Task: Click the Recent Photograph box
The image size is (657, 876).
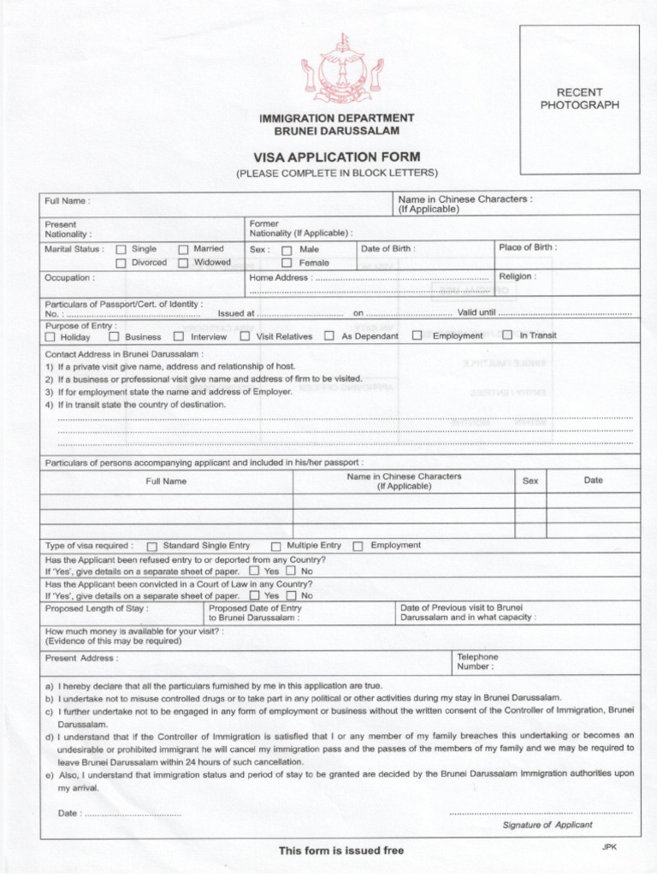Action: click(x=579, y=98)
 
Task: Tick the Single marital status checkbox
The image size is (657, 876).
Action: click(x=121, y=250)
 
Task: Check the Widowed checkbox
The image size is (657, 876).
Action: click(x=183, y=263)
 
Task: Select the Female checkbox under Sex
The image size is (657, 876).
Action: click(x=287, y=263)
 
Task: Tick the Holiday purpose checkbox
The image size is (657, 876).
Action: click(x=50, y=337)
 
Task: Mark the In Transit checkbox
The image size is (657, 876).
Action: click(x=507, y=335)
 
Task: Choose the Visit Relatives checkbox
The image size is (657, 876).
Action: click(x=245, y=336)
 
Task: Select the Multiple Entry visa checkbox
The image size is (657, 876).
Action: click(x=275, y=546)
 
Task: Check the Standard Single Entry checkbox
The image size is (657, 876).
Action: click(x=152, y=546)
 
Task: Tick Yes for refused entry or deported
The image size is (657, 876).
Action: click(x=254, y=571)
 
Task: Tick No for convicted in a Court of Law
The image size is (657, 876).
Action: click(x=291, y=595)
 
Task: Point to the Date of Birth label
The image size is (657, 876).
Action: click(x=388, y=249)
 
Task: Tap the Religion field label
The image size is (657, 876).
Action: click(x=517, y=277)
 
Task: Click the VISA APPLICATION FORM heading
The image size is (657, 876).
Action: click(x=337, y=157)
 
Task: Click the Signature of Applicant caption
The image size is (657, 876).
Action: click(x=547, y=825)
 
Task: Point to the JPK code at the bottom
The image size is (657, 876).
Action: click(x=608, y=846)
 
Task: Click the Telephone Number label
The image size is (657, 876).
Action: click(x=477, y=661)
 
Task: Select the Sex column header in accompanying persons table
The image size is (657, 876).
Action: click(x=530, y=481)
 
